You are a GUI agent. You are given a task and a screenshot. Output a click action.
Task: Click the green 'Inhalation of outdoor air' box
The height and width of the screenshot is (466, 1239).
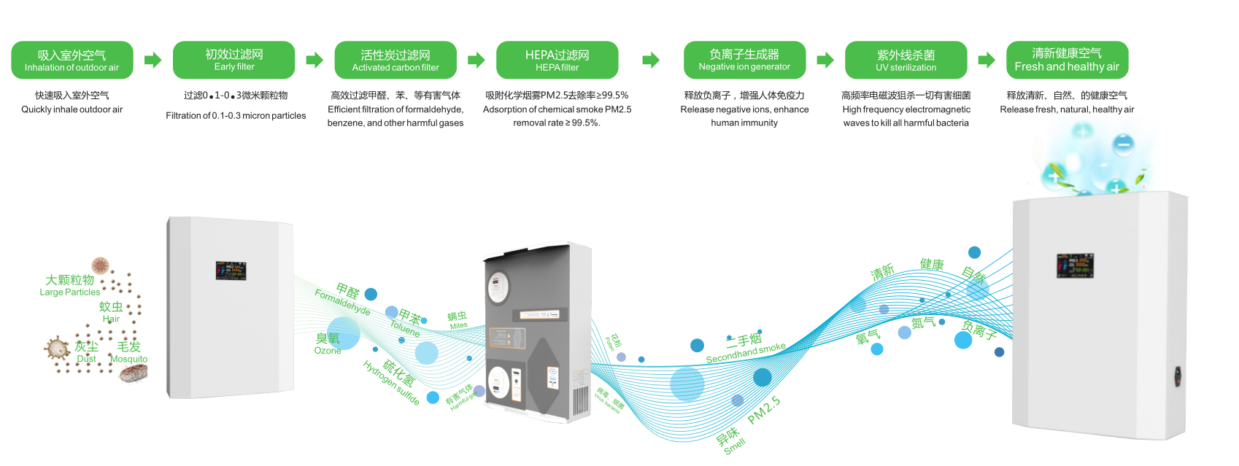click(x=72, y=61)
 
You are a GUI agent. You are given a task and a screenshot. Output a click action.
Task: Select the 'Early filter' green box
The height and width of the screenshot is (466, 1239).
click(x=233, y=60)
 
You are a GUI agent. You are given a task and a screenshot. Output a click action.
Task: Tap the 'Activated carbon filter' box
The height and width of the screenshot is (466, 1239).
click(x=395, y=61)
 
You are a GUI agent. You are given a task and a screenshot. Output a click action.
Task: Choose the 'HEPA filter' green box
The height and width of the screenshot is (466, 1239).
click(x=557, y=61)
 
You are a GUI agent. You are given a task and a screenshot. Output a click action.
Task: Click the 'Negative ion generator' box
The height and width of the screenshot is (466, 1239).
click(x=744, y=60)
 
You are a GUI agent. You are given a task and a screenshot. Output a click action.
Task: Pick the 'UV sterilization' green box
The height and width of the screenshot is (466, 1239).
click(x=906, y=61)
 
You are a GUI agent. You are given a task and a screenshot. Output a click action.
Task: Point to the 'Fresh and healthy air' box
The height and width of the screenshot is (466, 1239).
click(x=1067, y=60)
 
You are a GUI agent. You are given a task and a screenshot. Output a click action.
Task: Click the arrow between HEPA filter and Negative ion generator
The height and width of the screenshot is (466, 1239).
click(x=651, y=60)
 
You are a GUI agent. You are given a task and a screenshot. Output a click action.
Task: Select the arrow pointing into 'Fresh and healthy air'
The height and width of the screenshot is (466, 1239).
click(x=987, y=60)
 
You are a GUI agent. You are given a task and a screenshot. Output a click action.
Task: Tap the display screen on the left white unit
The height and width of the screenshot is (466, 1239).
click(x=231, y=271)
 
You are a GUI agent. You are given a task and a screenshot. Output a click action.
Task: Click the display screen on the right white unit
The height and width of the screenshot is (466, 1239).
click(x=1075, y=265)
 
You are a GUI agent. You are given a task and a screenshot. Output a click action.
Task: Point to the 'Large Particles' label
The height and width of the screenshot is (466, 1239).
click(x=70, y=292)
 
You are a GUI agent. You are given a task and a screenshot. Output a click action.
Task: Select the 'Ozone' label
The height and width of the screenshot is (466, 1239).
click(x=328, y=351)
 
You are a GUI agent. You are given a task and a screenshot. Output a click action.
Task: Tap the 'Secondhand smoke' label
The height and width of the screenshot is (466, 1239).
click(x=746, y=353)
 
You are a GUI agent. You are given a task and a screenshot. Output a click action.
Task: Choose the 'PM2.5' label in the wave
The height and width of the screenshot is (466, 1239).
click(x=764, y=411)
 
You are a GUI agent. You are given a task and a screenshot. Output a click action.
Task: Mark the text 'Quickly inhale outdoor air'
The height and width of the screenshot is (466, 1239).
click(x=72, y=109)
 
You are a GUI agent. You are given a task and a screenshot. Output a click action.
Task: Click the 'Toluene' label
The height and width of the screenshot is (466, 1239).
click(x=405, y=328)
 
